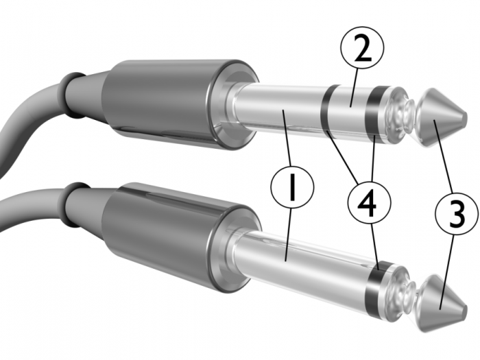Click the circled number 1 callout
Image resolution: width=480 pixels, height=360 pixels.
point(292,187)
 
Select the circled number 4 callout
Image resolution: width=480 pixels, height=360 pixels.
point(370,202)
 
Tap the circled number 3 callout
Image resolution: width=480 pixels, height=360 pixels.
point(457,213)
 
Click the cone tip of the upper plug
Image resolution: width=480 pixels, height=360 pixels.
point(441,118)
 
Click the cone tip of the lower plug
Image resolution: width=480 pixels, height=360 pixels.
point(442,303)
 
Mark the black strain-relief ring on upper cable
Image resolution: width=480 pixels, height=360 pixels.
point(71,95)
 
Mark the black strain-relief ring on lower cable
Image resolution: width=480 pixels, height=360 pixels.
point(73,205)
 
